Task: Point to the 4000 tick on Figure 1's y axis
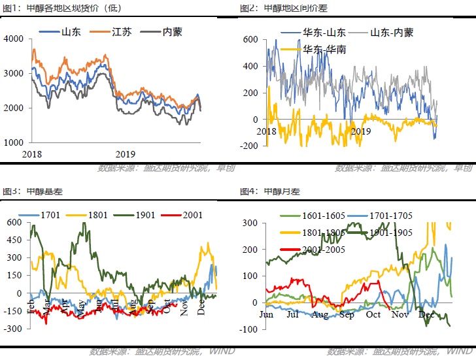point(14,39)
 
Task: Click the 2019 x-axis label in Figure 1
point(125,154)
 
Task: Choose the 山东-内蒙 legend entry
point(391,32)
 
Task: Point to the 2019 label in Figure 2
point(362,131)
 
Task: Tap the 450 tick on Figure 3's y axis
point(14,240)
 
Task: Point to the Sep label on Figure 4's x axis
point(347,314)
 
